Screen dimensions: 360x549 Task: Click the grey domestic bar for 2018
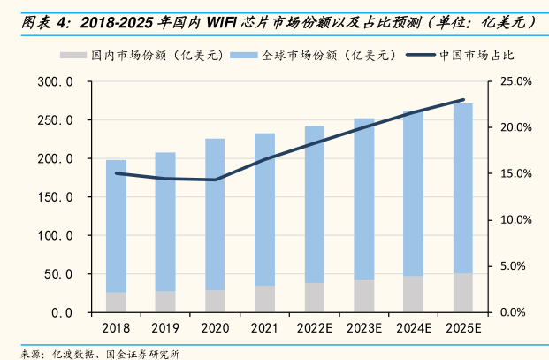[x=116, y=303]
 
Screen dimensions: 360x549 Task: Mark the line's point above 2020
[x=215, y=180]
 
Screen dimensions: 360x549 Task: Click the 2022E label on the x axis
[x=314, y=329]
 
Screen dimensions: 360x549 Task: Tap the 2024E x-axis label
[x=414, y=329]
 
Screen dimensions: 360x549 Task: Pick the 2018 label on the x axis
[x=116, y=329]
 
